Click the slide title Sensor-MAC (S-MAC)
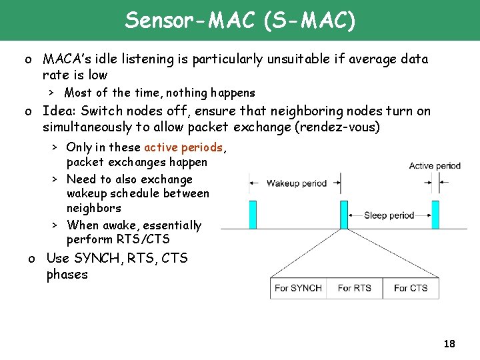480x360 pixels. point(240,21)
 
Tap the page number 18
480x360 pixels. point(449,344)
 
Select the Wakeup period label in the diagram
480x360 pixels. point(297,183)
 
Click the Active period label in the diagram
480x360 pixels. point(435,166)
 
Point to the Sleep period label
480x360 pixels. point(389,215)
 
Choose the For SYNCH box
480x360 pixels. point(298,288)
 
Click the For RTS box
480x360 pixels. point(354,288)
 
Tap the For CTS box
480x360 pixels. point(410,288)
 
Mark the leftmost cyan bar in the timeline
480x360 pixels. point(252,215)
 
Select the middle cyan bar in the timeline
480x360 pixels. point(344,215)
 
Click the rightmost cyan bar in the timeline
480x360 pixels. point(435,215)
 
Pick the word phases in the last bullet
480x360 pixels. point(67,275)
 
